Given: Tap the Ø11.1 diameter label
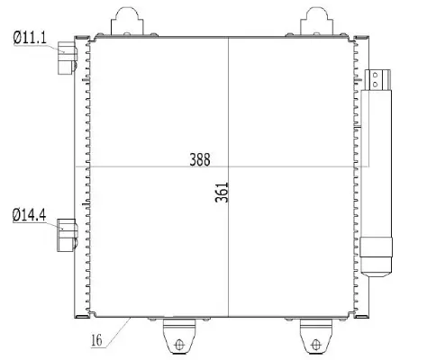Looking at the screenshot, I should point(30,37).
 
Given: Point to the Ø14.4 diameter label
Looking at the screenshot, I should point(30,214).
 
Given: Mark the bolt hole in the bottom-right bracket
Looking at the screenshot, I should point(314,343).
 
